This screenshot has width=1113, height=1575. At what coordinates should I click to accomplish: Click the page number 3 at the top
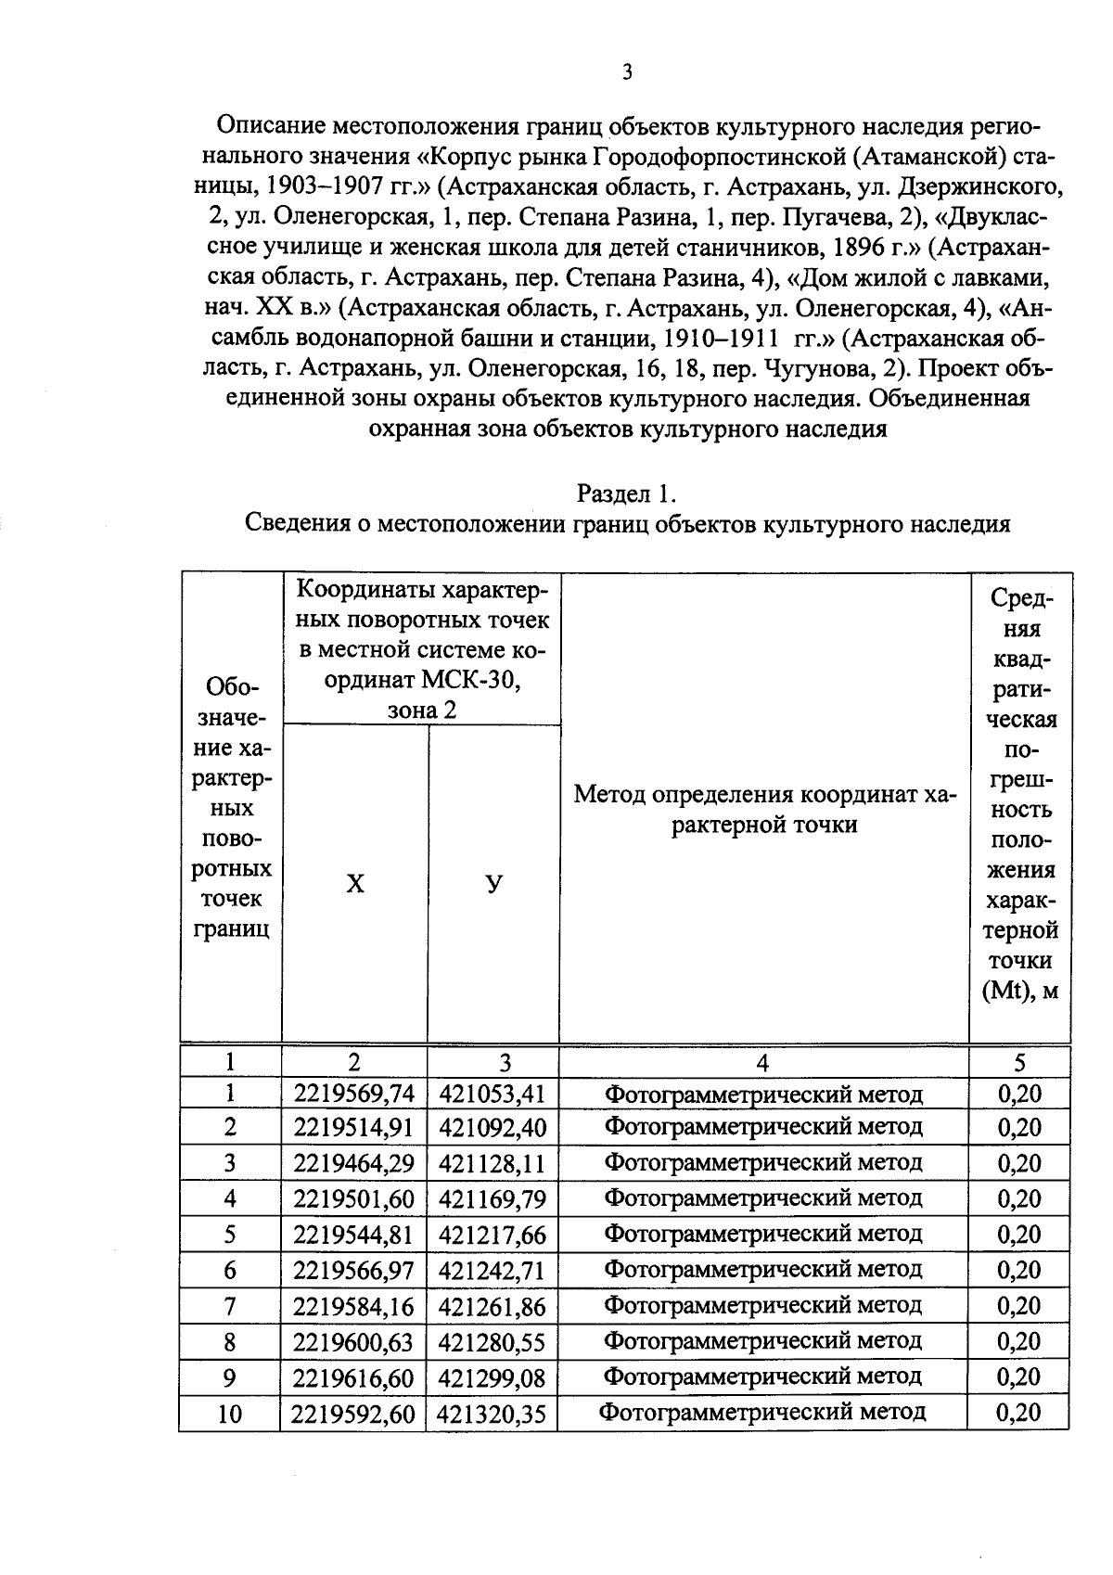[x=627, y=72]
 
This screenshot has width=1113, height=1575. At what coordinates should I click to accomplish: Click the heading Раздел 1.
[x=628, y=493]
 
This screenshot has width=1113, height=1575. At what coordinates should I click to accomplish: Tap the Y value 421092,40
[x=493, y=1128]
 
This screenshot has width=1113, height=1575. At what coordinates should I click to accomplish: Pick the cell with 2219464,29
[x=353, y=1163]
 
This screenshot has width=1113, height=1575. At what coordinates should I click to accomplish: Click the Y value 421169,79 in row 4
[x=493, y=1199]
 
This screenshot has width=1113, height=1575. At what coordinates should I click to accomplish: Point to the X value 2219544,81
[x=353, y=1235]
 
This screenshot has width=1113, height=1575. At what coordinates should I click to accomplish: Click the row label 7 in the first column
[x=230, y=1306]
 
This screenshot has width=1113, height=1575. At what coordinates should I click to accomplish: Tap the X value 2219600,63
[x=353, y=1341]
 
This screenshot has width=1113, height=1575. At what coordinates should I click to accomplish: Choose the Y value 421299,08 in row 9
[x=493, y=1377]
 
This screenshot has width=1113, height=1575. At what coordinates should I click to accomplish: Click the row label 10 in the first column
[x=229, y=1413]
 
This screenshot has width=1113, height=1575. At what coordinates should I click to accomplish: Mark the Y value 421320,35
[x=493, y=1413]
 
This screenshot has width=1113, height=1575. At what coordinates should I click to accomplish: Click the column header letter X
[x=355, y=884]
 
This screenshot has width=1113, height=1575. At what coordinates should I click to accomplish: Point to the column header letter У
[x=494, y=884]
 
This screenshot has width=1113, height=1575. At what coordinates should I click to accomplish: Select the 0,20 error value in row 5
[x=1019, y=1235]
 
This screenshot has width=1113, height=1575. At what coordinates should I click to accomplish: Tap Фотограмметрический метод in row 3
[x=763, y=1163]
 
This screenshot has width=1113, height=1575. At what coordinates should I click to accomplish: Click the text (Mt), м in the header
[x=1019, y=991]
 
